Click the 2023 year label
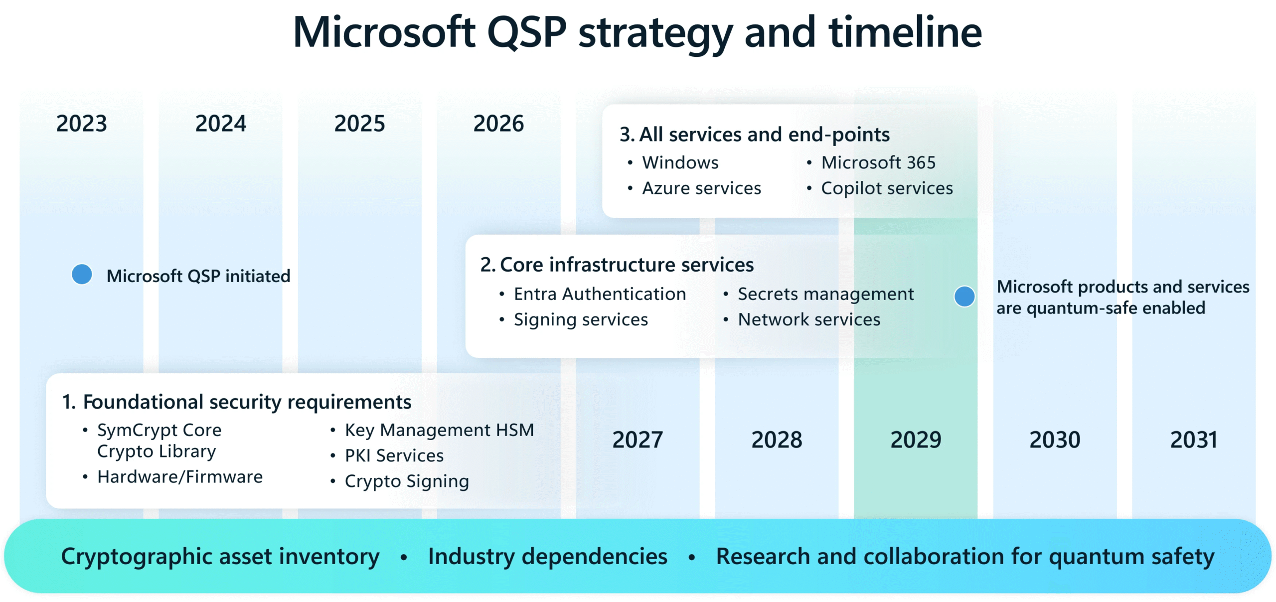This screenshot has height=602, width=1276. (81, 124)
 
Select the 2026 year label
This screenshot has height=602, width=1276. (498, 124)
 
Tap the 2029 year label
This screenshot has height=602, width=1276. (916, 440)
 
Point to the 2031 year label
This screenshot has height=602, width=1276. (1194, 440)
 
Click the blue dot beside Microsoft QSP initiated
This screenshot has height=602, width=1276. (82, 274)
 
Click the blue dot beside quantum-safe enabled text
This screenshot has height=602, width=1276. (964, 297)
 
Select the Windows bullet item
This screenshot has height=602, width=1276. (680, 162)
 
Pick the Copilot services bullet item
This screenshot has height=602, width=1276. (887, 188)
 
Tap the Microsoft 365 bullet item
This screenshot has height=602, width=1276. (878, 162)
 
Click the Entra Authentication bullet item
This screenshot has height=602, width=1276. (600, 294)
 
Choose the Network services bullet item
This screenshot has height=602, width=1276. (809, 319)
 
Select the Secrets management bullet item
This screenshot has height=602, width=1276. (825, 294)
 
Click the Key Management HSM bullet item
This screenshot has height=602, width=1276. (439, 430)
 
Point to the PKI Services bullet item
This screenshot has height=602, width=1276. (394, 455)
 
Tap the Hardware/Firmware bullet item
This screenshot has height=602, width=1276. (179, 477)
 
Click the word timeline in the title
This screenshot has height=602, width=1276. (905, 32)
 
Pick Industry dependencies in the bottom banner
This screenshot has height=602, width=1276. (547, 557)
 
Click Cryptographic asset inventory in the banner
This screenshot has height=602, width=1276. (220, 557)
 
